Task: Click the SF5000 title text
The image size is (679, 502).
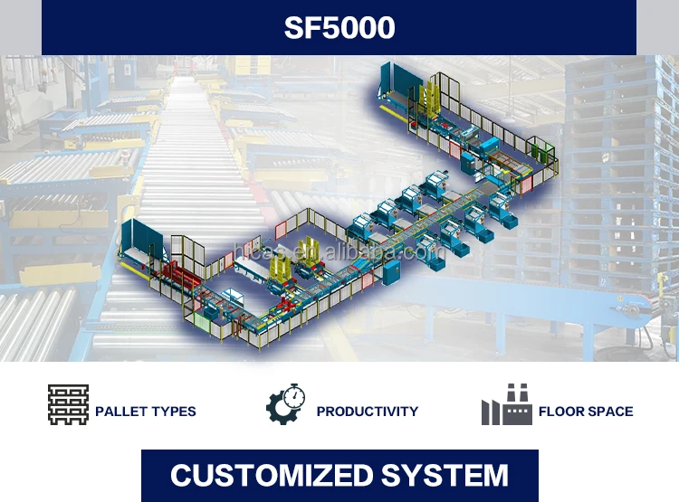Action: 339,28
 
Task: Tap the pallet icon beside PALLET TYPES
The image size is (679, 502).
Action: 68,405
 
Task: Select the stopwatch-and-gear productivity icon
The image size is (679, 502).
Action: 285,405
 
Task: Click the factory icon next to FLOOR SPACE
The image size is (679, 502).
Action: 506,405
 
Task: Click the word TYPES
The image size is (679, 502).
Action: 175,412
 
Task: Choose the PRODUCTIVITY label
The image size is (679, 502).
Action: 368,412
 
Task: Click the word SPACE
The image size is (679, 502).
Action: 611,412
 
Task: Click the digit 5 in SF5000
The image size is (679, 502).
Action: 325,28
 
